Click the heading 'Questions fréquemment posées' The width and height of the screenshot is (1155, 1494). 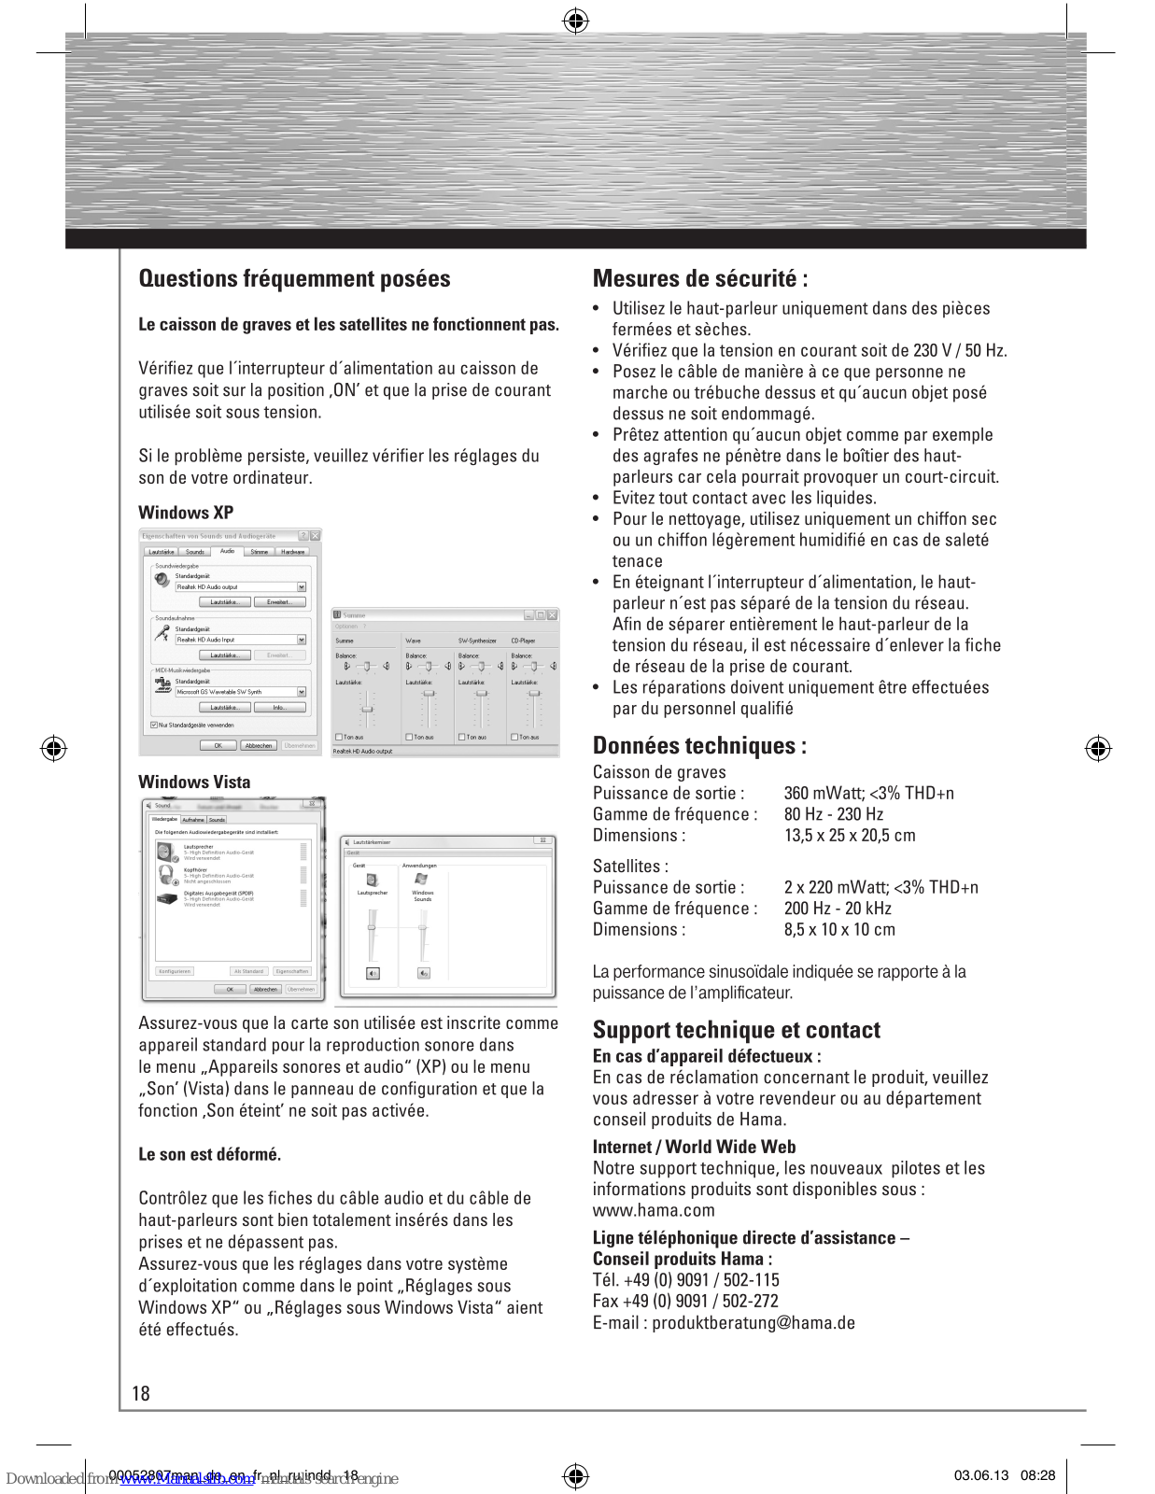(x=294, y=279)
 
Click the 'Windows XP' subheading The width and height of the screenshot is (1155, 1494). (x=186, y=513)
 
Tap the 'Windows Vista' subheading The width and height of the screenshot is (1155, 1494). (x=194, y=782)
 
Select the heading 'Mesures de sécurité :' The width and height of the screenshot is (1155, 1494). (x=700, y=279)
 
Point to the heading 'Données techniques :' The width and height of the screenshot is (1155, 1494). (x=699, y=746)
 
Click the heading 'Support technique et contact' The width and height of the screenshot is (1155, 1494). (x=736, y=1030)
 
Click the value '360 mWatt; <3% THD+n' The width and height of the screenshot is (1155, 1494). (x=868, y=794)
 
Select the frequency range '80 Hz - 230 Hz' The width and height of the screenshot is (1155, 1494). (x=833, y=814)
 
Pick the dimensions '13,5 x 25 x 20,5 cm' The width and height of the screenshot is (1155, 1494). (x=849, y=836)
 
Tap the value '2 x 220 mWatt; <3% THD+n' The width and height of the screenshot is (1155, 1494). (x=880, y=888)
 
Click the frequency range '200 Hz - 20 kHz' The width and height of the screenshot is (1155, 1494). (x=837, y=909)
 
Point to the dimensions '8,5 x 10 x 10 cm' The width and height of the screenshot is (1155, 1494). (x=838, y=930)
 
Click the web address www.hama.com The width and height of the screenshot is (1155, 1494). (x=654, y=1211)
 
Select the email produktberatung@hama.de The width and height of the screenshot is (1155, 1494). (x=753, y=1323)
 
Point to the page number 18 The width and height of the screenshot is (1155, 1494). (x=141, y=1394)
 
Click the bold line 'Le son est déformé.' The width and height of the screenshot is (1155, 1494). (x=209, y=1155)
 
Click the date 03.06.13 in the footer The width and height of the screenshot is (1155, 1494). (x=980, y=1475)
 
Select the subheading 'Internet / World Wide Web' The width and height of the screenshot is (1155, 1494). (x=694, y=1148)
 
